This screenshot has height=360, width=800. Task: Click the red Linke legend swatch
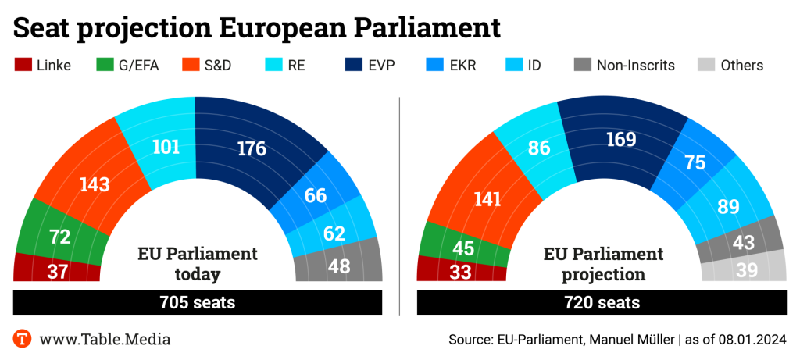[23, 65]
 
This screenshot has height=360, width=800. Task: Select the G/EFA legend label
[138, 65]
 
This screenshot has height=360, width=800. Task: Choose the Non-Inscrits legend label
[635, 65]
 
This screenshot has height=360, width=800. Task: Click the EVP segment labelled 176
[252, 148]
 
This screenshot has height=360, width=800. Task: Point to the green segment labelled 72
[59, 237]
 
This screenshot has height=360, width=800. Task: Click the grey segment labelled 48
[338, 266]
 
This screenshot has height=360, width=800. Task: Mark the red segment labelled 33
[459, 270]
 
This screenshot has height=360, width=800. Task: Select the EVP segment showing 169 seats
[620, 141]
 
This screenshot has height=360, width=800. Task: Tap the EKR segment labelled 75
[694, 164]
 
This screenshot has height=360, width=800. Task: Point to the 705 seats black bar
[198, 302]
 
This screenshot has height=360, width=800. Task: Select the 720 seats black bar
[601, 302]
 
